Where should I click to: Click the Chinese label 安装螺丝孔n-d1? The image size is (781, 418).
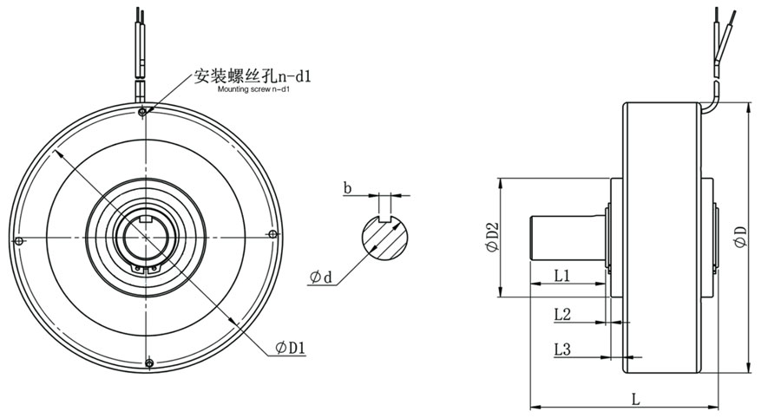(253, 76)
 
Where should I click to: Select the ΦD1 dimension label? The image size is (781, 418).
(291, 347)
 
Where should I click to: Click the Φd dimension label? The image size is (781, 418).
(320, 278)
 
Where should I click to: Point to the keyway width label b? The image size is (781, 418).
(347, 186)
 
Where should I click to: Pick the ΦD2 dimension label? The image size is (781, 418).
(492, 237)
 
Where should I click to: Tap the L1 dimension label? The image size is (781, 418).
(561, 276)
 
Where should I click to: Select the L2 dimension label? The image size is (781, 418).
(561, 315)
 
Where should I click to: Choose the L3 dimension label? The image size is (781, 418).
(561, 349)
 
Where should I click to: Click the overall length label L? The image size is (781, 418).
(635, 400)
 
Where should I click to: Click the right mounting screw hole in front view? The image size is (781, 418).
(273, 234)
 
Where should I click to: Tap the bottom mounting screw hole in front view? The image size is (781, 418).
(149, 362)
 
